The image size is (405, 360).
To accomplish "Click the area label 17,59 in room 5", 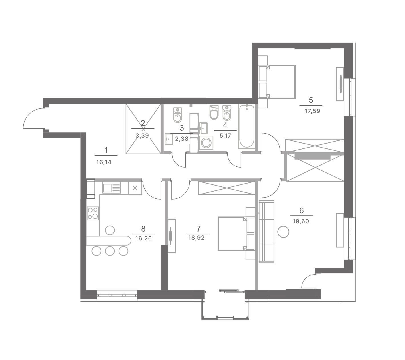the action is tap(312, 111).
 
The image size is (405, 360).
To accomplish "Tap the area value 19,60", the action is tap(301, 221).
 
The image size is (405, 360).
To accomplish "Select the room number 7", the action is tap(198, 228).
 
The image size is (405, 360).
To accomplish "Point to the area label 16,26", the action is tap(143, 238).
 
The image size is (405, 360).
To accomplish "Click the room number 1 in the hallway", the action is tap(106, 150).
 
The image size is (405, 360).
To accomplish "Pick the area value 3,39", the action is tap(142, 136).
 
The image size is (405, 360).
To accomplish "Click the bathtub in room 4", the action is tap(247, 126).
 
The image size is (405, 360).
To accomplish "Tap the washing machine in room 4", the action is tap(206, 143).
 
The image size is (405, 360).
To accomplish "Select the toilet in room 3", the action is tap(178, 115).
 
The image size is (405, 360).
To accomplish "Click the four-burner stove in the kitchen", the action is tap(93, 213).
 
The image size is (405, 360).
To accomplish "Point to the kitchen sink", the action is tap(112, 188).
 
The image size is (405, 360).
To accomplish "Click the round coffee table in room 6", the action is tap(283, 232).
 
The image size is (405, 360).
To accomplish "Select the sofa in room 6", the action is tap(267, 232).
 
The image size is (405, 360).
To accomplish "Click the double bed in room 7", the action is tap(236, 234).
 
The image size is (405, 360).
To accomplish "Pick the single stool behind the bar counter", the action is tap(110, 230).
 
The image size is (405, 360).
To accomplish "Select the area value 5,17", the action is tap(225, 136).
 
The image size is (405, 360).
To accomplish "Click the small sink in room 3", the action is tap(169, 139).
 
